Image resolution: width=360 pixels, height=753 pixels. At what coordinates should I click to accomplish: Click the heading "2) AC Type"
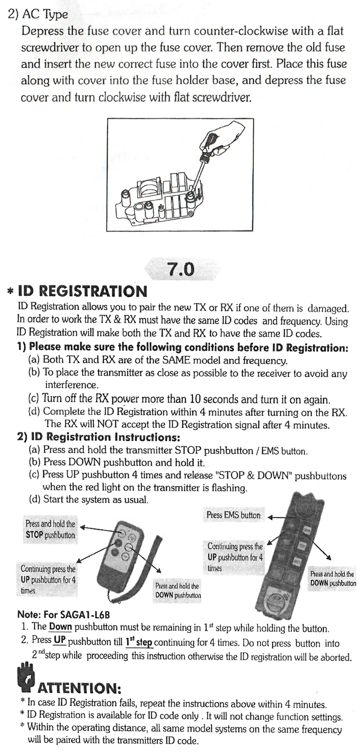point(38,14)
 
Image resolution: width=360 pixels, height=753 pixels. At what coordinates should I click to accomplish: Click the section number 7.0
point(180,269)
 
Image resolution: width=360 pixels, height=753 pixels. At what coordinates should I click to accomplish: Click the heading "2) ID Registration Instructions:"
point(99,437)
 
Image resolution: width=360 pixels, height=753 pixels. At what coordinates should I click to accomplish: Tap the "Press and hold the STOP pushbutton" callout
point(50,529)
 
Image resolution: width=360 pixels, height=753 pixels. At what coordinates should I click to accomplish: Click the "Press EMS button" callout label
point(233,515)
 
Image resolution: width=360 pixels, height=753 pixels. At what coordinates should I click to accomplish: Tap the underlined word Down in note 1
point(60,627)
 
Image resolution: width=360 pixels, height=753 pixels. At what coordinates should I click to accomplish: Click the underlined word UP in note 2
point(60,640)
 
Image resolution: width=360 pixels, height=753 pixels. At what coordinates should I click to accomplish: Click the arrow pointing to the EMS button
point(279,517)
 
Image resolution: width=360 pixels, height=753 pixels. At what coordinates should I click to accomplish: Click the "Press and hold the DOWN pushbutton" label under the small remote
point(178,591)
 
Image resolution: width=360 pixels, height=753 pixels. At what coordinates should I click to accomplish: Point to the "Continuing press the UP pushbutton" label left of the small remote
point(48,580)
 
